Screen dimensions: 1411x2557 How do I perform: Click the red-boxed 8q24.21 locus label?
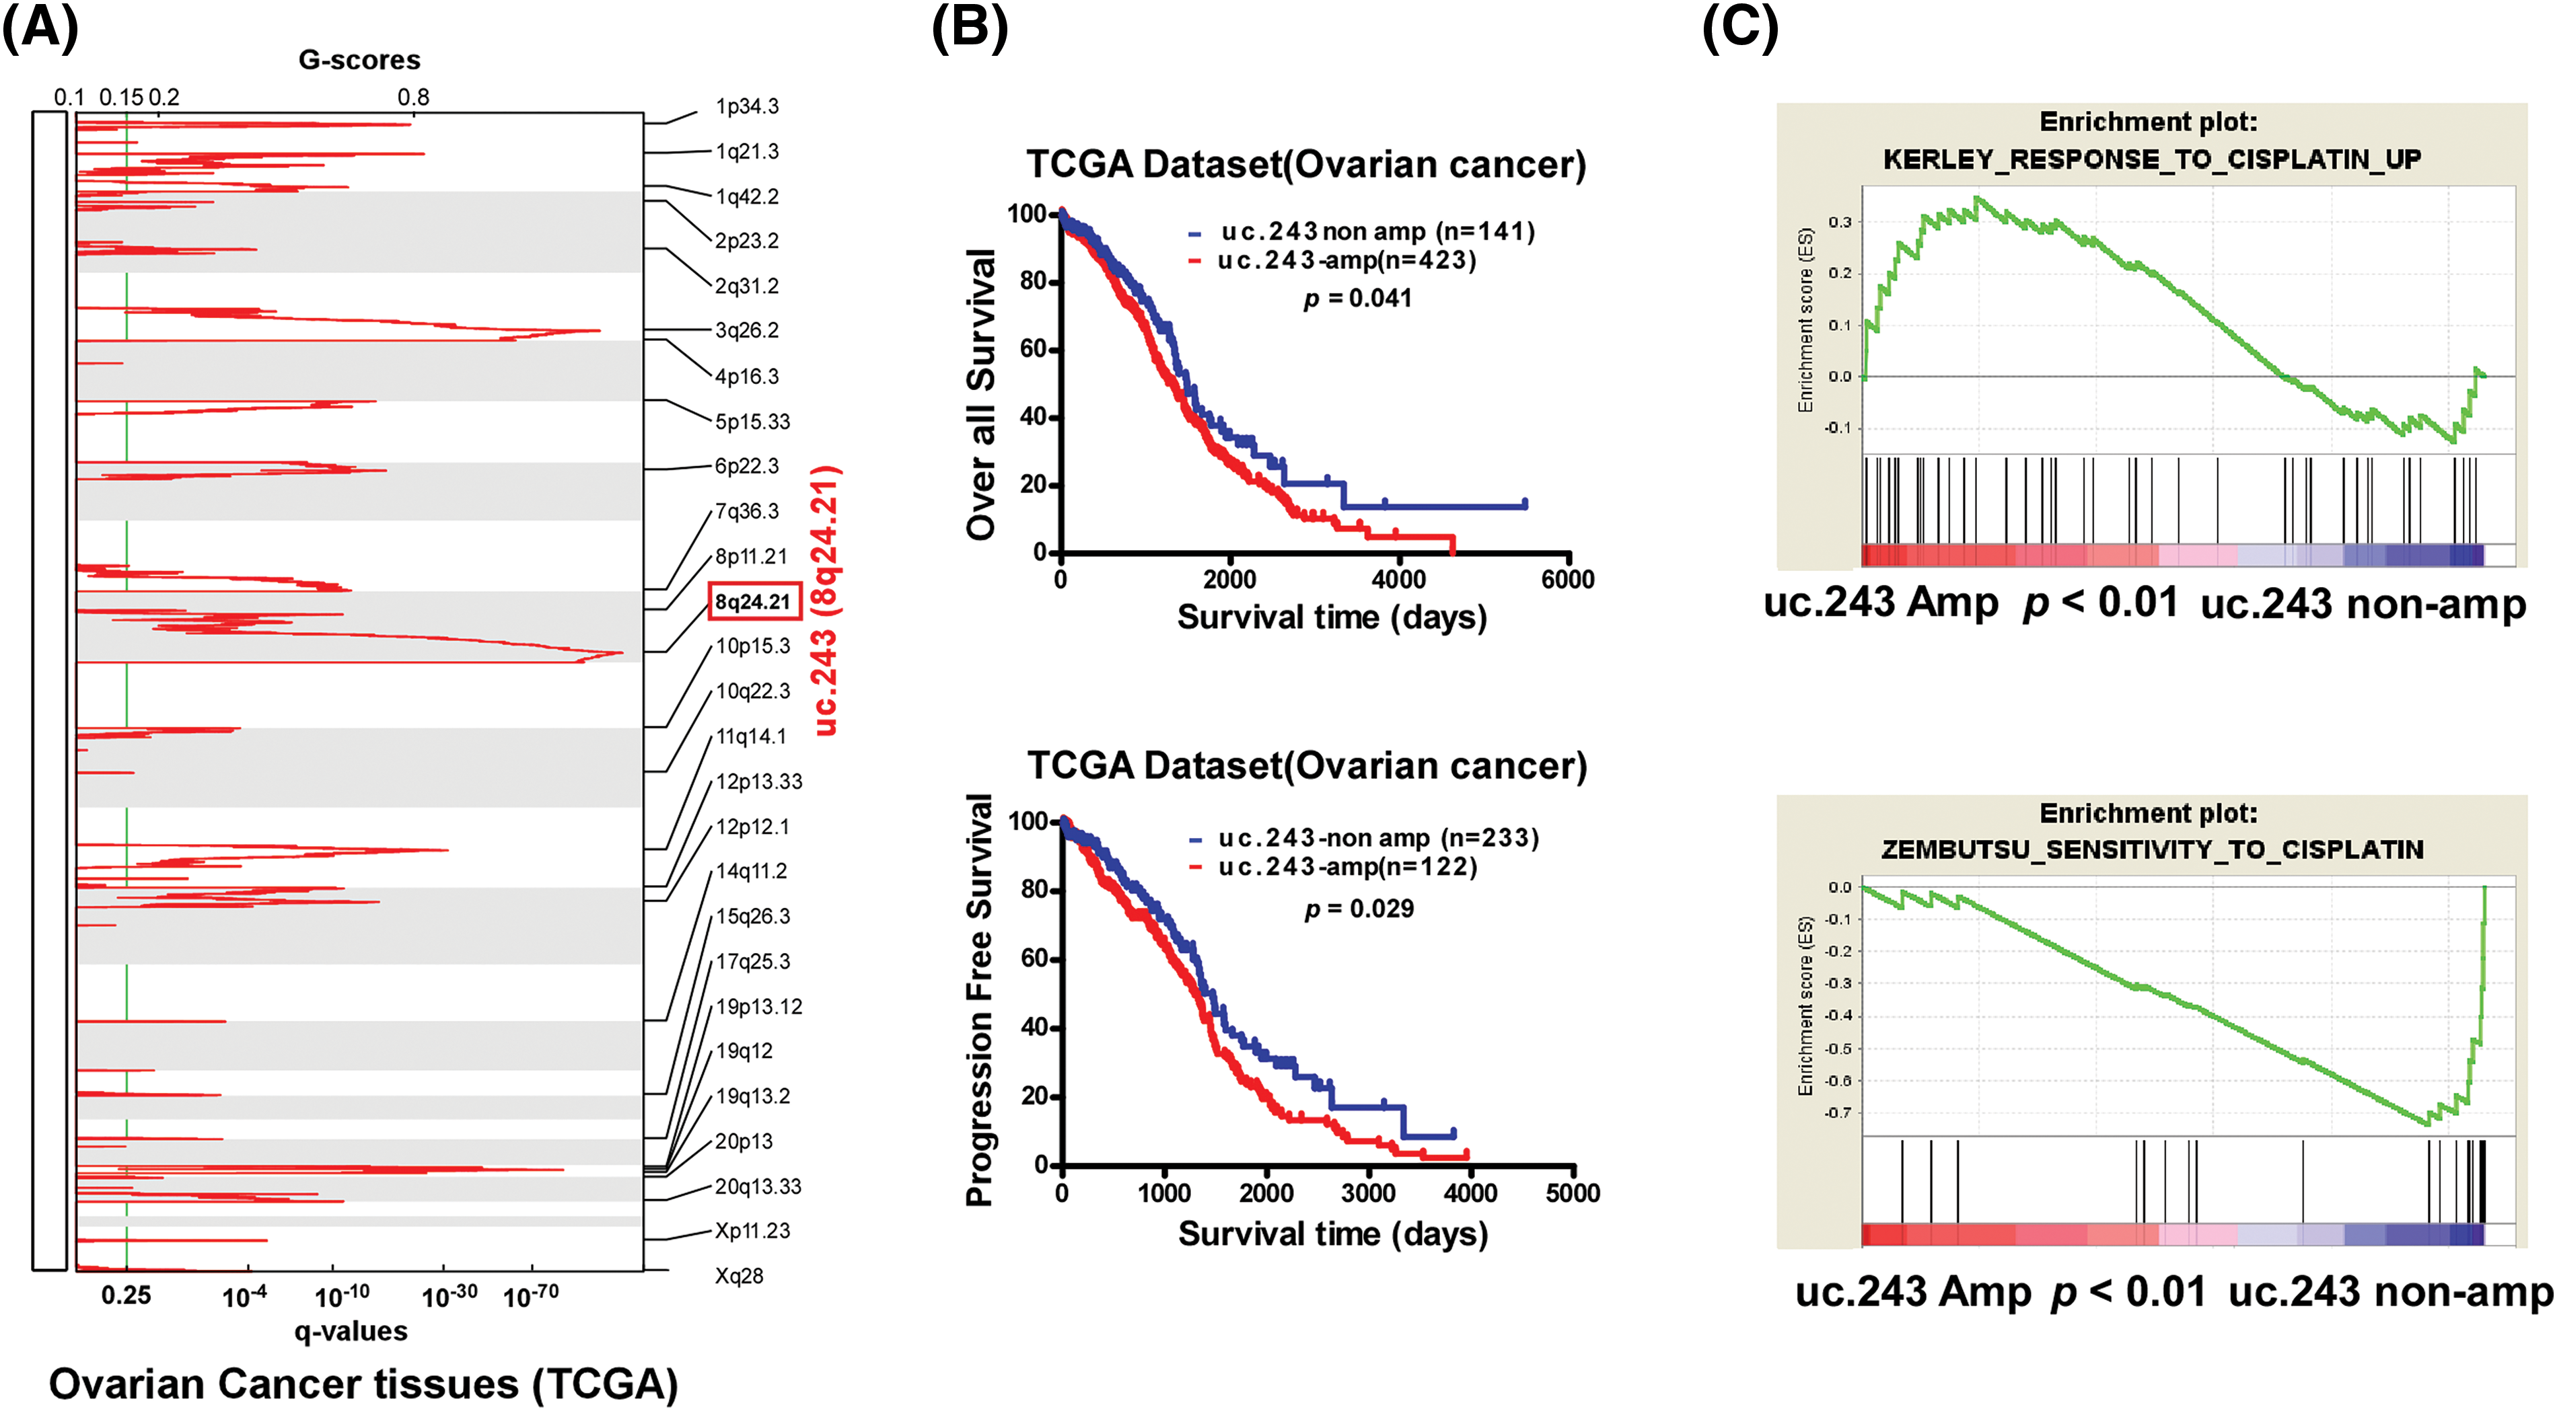tap(754, 601)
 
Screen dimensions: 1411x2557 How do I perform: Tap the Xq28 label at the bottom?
tap(740, 1276)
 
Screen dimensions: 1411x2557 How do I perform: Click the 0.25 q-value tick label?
tap(126, 1295)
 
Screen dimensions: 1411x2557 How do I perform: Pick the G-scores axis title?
tap(359, 61)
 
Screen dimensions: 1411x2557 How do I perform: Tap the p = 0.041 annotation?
tap(1357, 298)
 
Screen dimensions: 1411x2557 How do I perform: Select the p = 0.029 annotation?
tap(1359, 908)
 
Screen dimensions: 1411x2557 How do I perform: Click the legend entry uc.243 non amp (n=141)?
tap(1377, 232)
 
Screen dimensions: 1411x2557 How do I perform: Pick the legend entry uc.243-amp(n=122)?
tap(1347, 867)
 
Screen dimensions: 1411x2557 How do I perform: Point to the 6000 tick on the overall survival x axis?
tap(1567, 580)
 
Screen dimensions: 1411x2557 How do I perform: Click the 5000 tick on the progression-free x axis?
tap(1573, 1192)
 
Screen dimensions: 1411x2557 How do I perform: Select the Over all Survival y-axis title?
tap(980, 395)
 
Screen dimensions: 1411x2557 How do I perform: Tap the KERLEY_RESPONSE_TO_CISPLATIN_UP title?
tap(2151, 159)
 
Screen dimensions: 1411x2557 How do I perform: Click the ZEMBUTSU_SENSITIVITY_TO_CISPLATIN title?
tap(2152, 850)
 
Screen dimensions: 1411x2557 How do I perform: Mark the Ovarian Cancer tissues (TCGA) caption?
tap(363, 1384)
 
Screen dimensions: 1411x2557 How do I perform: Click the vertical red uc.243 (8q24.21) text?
tap(826, 601)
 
